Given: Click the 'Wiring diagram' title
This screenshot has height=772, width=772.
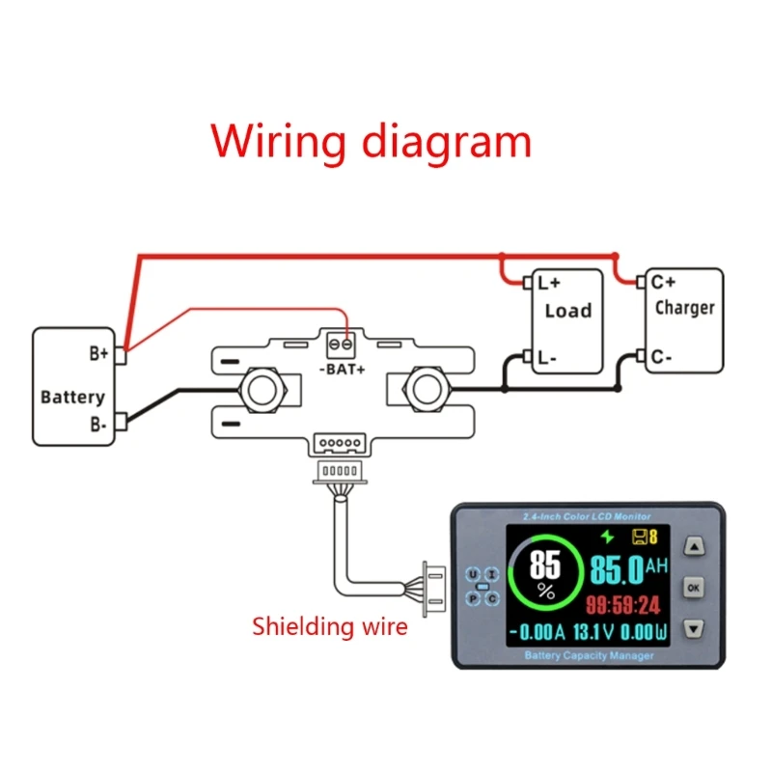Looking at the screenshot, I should (372, 141).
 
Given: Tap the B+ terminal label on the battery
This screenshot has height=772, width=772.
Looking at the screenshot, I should (99, 353).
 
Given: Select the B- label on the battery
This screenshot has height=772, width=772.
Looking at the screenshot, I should (98, 423).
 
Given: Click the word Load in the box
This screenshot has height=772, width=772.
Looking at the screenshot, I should (567, 311).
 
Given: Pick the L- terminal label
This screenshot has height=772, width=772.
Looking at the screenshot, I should (548, 358).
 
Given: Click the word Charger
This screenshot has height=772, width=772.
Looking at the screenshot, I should (684, 308).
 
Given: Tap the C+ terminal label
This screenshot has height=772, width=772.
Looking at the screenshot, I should (663, 282).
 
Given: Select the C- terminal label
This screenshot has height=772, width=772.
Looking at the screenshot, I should (661, 357).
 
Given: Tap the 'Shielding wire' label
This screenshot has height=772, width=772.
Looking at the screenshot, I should (329, 626).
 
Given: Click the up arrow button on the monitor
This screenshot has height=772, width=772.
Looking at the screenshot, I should (694, 547).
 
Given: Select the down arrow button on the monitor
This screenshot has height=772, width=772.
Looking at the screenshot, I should (694, 629).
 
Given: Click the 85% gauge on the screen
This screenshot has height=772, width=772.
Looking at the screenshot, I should (546, 576).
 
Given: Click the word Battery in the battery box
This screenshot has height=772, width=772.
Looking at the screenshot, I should (72, 397).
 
